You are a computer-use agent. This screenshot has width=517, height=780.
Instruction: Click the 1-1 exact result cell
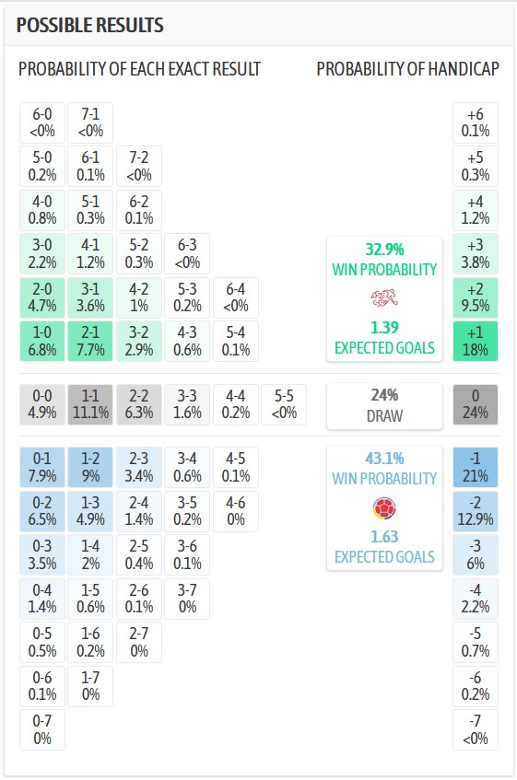pyautogui.click(x=90, y=404)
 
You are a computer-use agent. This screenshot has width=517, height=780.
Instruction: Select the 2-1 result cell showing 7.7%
pyautogui.click(x=90, y=342)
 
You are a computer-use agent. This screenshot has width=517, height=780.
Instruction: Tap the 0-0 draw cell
pyautogui.click(x=42, y=404)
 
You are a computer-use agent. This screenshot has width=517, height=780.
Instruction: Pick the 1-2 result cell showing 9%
pyautogui.click(x=90, y=467)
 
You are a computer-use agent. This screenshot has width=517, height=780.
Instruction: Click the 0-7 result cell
pyautogui.click(x=42, y=729)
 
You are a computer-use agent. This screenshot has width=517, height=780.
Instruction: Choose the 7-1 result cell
pyautogui.click(x=90, y=122)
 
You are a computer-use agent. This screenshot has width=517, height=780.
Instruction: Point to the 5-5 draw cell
pyautogui.click(x=284, y=404)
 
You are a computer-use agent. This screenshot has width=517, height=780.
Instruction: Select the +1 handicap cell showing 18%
pyautogui.click(x=476, y=342)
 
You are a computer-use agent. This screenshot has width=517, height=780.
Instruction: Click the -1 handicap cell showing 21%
pyautogui.click(x=476, y=467)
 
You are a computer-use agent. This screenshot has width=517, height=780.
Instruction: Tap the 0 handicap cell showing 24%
pyautogui.click(x=476, y=404)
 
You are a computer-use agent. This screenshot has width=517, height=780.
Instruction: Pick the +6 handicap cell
pyautogui.click(x=476, y=122)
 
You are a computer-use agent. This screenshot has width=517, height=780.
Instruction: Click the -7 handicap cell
pyautogui.click(x=476, y=729)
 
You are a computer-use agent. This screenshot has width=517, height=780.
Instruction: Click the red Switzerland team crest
pyautogui.click(x=384, y=297)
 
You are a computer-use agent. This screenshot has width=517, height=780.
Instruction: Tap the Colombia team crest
pyautogui.click(x=384, y=508)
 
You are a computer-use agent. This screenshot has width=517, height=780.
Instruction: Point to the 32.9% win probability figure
pyautogui.click(x=384, y=249)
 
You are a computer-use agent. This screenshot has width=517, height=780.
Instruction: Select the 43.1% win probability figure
pyautogui.click(x=384, y=459)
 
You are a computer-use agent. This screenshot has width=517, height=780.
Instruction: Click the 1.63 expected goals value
pyautogui.click(x=384, y=537)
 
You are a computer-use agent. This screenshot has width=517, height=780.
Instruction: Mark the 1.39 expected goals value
pyautogui.click(x=384, y=327)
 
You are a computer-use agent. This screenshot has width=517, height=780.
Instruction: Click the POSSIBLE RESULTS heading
pyautogui.click(x=90, y=25)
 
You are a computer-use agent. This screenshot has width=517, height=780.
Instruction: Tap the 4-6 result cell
pyautogui.click(x=236, y=511)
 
